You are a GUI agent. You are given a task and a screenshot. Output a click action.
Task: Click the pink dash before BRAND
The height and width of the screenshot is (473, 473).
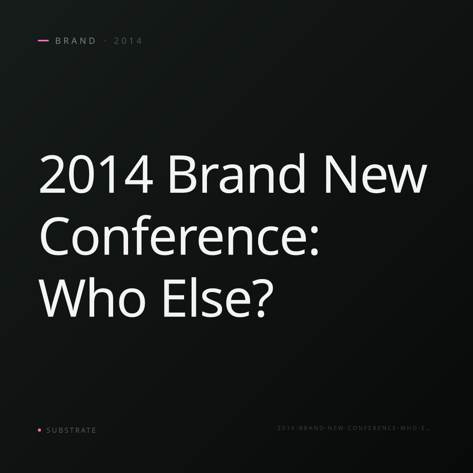(x=43, y=41)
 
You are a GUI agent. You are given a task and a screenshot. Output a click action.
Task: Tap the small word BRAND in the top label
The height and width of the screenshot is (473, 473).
(x=76, y=41)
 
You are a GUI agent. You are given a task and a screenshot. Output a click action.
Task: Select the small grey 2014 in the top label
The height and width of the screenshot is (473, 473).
(x=128, y=41)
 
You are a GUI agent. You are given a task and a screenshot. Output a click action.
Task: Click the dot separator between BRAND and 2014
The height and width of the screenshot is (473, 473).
(x=106, y=41)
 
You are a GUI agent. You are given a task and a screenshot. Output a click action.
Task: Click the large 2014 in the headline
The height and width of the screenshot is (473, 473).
(x=96, y=174)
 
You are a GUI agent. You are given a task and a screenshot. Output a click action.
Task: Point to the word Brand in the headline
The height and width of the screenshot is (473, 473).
(x=237, y=173)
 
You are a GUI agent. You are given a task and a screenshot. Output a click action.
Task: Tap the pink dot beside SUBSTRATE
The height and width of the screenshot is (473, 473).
(x=39, y=430)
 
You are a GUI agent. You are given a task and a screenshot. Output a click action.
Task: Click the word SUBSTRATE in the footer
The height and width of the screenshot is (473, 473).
(x=71, y=430)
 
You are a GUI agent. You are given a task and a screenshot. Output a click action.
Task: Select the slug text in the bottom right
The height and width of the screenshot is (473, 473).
(x=354, y=428)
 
